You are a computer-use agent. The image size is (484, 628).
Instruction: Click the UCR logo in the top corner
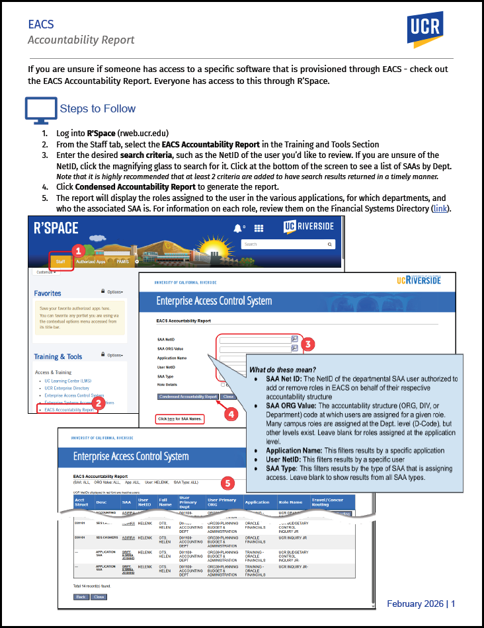pyautogui.click(x=425, y=30)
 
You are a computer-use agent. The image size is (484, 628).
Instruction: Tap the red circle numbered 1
pyautogui.click(x=77, y=251)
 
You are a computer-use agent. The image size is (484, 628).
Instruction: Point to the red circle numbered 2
pyautogui.click(x=97, y=403)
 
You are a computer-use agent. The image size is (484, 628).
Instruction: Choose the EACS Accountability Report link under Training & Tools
pyautogui.click(x=69, y=410)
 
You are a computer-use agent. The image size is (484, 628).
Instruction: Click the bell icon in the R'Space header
pyautogui.click(x=237, y=228)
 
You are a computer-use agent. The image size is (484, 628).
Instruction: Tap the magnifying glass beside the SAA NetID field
pyautogui.click(x=294, y=338)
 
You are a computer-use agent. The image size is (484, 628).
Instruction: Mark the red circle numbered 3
pyautogui.click(x=307, y=344)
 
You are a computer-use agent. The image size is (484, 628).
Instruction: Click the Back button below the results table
pyautogui.click(x=81, y=596)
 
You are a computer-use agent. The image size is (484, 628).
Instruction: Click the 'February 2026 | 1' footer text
pyautogui.click(x=421, y=604)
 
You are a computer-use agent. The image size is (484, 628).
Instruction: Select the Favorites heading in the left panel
pyautogui.click(x=48, y=293)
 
